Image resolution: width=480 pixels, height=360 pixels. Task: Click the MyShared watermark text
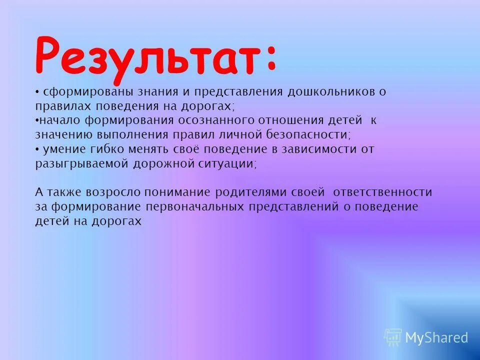(x=436, y=338)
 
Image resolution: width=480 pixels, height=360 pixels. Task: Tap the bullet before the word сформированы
(x=37, y=92)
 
